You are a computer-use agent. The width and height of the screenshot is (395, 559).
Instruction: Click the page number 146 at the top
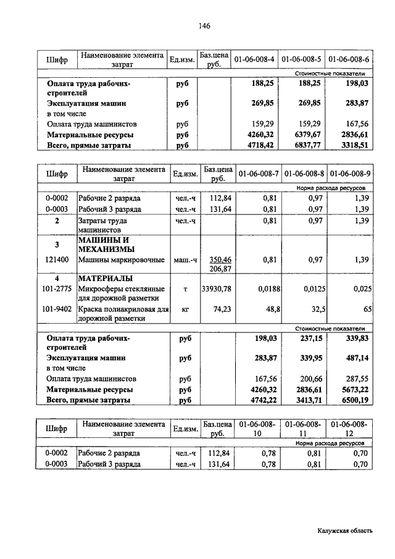click(205, 25)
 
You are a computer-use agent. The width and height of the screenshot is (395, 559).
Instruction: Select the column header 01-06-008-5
click(301, 59)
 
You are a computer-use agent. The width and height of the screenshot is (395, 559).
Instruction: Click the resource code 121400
click(56, 260)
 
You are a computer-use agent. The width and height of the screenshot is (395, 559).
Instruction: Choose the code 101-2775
click(56, 289)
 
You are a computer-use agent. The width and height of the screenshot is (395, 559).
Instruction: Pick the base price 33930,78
click(217, 289)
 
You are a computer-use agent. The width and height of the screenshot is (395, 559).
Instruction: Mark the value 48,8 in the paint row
click(267, 309)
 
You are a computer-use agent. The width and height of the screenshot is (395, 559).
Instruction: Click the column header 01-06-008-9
click(350, 174)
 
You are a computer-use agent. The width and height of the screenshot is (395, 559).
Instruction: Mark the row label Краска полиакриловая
click(120, 309)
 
